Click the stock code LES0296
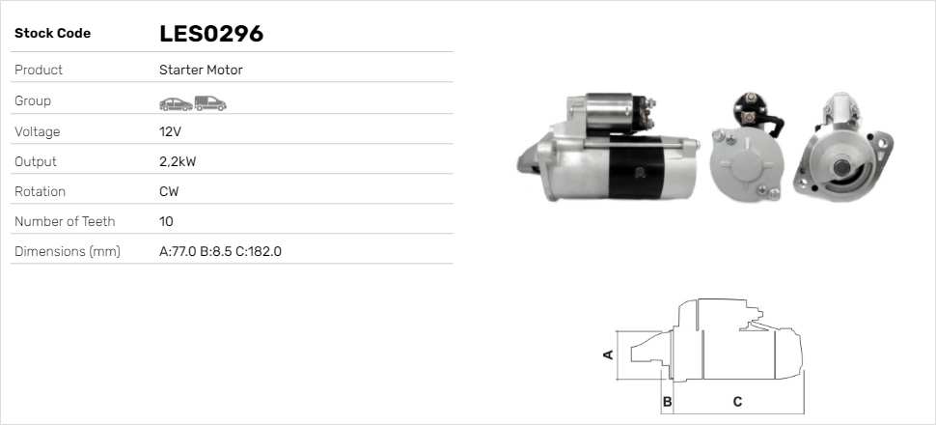click(x=211, y=34)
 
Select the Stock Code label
click(x=52, y=34)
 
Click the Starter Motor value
click(x=201, y=70)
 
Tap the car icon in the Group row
click(x=175, y=101)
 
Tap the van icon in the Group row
click(x=209, y=101)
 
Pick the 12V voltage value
click(x=170, y=131)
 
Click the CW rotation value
click(x=169, y=191)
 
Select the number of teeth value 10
click(x=166, y=221)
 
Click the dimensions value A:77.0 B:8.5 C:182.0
click(x=220, y=251)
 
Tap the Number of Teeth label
click(x=65, y=221)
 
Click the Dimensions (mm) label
click(x=68, y=251)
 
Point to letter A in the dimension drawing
click(x=608, y=354)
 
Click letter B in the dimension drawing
click(x=666, y=401)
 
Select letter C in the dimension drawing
click(x=737, y=401)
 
